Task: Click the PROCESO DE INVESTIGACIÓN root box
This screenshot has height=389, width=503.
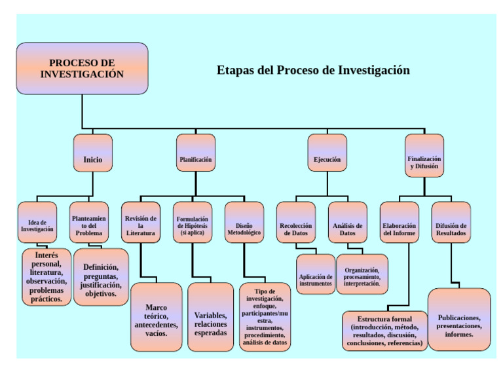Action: (82, 69)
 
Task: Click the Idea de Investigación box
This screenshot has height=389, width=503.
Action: (37, 223)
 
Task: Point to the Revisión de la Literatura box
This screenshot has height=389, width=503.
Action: (141, 223)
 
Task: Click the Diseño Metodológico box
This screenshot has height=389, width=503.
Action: (244, 223)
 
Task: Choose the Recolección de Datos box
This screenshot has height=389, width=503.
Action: (296, 223)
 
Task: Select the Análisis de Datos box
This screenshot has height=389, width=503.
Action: (347, 223)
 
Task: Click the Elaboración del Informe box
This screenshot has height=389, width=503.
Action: (399, 223)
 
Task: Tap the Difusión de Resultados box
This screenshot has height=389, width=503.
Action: (451, 223)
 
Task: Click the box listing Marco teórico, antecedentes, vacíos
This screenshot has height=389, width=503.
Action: (157, 317)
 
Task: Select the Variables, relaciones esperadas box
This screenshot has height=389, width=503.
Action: (210, 317)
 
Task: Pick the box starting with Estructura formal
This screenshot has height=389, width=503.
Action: (386, 331)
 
